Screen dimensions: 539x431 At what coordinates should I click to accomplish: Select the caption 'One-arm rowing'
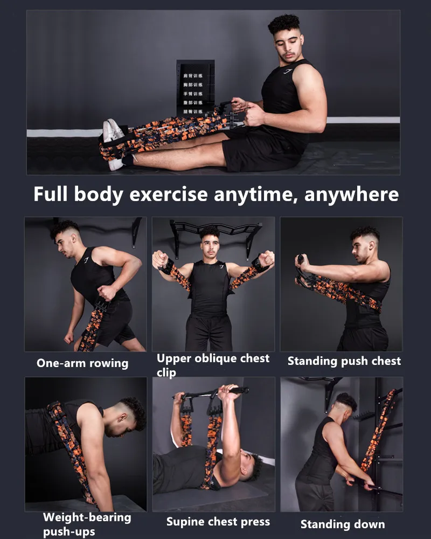tap(82, 363)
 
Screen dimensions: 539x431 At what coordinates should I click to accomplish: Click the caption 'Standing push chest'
tap(344, 361)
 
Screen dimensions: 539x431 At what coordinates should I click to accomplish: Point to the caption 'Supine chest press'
tap(218, 521)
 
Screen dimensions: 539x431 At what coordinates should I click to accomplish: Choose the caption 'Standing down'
tap(343, 524)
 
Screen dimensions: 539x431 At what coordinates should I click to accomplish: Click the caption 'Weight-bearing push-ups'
tap(87, 524)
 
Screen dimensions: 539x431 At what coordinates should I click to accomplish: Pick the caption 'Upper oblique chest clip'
tap(213, 365)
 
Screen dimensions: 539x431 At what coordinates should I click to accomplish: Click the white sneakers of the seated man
tap(114, 131)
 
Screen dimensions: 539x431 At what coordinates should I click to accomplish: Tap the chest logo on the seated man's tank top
tap(288, 71)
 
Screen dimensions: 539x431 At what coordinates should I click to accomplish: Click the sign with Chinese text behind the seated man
tap(196, 89)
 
